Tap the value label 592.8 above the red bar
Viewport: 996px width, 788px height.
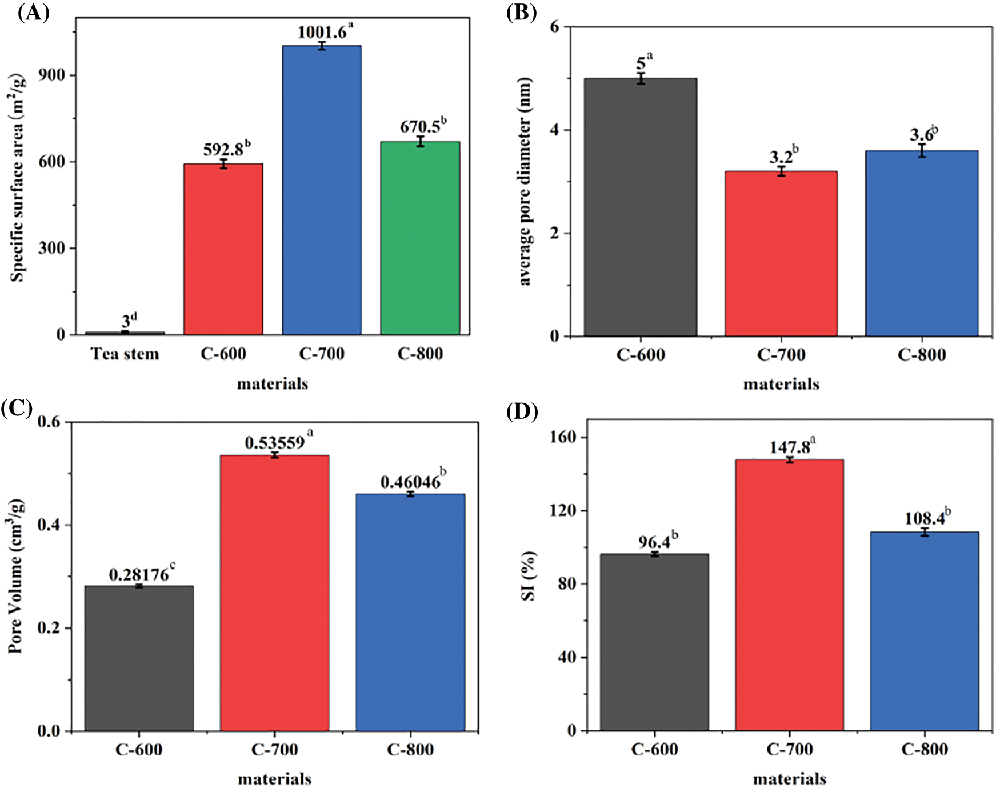(223, 150)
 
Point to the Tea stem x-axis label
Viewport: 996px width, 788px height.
(125, 354)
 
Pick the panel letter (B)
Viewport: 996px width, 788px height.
(522, 13)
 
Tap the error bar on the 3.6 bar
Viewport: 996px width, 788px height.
(922, 151)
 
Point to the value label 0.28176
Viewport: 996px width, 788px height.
(139, 574)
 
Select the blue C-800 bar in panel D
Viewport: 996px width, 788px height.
(924, 631)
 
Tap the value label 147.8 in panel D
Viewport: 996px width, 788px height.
(789, 447)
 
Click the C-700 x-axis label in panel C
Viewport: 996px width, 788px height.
(275, 749)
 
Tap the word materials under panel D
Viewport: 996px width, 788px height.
(789, 778)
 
